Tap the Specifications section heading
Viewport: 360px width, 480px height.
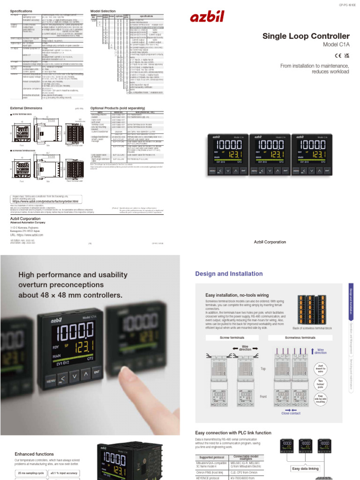pyautogui.click(x=21, y=10)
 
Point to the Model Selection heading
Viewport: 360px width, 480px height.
pyautogui.click(x=103, y=10)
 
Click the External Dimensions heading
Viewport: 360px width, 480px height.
pyautogui.click(x=27, y=108)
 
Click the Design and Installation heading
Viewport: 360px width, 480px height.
pyautogui.click(x=229, y=274)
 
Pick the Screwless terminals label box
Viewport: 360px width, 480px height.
pyautogui.click(x=300, y=337)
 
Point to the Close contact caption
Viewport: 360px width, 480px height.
pyautogui.click(x=292, y=413)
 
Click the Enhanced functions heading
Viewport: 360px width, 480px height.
pyautogui.click(x=34, y=454)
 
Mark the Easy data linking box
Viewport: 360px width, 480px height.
pyautogui.click(x=305, y=468)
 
